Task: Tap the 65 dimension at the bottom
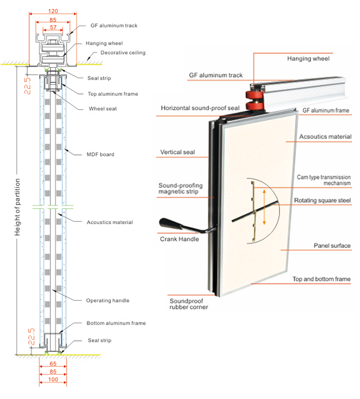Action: click(52, 364)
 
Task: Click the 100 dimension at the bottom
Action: click(52, 379)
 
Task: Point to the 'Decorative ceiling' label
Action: click(123, 53)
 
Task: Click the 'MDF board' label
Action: click(100, 154)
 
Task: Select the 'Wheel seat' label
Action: click(103, 109)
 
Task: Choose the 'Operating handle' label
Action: click(108, 300)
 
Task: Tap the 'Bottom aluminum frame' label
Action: click(116, 323)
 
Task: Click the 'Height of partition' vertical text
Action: click(18, 207)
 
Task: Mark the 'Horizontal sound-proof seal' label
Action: click(200, 108)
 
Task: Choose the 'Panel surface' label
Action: click(332, 246)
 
